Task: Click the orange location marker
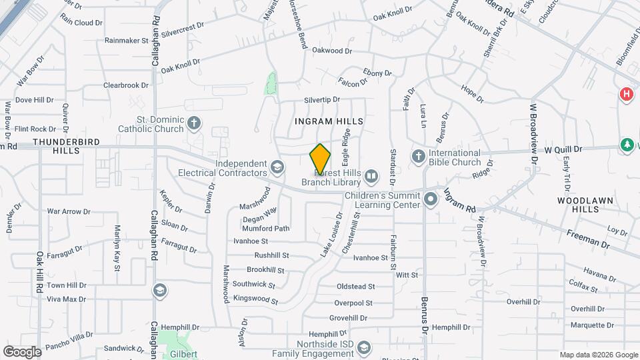pyautogui.click(x=320, y=159)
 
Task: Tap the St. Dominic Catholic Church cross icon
pyautogui.click(x=193, y=123)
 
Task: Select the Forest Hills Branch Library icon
pyautogui.click(x=371, y=177)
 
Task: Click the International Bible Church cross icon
pyautogui.click(x=418, y=156)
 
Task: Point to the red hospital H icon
pyautogui.click(x=626, y=95)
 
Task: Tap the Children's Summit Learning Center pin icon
pyautogui.click(x=431, y=198)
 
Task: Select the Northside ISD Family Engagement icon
pyautogui.click(x=364, y=347)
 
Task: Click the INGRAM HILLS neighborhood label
pyautogui.click(x=329, y=121)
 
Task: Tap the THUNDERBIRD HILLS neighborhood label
pyautogui.click(x=65, y=147)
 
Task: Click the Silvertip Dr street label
pyautogui.click(x=322, y=99)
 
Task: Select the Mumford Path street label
pyautogui.click(x=271, y=228)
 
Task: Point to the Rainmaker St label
pyautogui.click(x=126, y=41)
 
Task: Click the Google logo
pyautogui.click(x=22, y=351)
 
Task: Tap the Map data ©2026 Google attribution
pyautogui.click(x=598, y=355)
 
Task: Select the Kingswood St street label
pyautogui.click(x=255, y=299)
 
